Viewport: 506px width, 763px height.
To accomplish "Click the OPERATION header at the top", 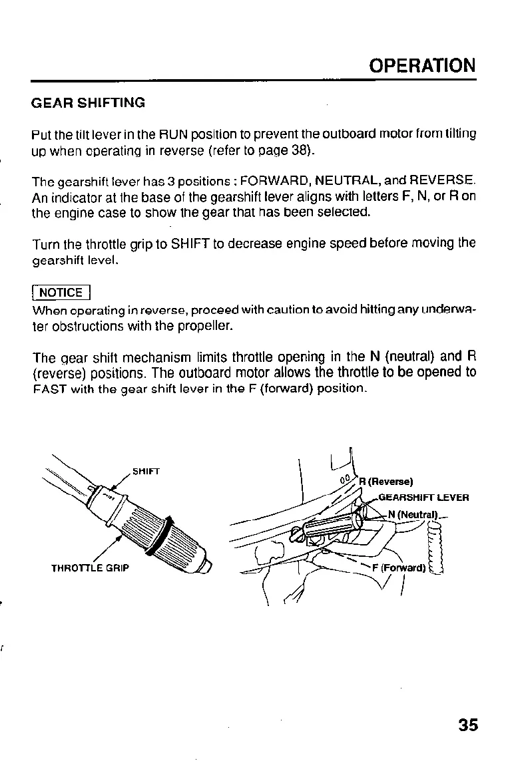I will tap(423, 66).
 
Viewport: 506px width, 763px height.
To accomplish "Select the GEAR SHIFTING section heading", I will tap(88, 103).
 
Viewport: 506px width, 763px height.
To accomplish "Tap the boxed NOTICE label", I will tap(61, 293).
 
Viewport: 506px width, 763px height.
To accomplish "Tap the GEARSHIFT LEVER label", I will tap(424, 497).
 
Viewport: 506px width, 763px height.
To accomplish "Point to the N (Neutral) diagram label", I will tap(411, 513).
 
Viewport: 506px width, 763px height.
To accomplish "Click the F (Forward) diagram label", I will tap(399, 567).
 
